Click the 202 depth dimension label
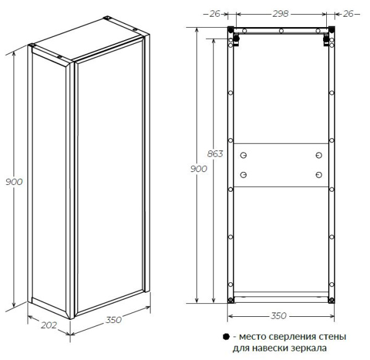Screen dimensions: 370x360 [49, 325]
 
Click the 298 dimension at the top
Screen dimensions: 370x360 [281, 14]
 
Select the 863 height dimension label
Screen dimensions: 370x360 [215, 154]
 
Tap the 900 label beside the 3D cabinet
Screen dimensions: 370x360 [14, 182]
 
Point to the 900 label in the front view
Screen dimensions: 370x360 [199, 169]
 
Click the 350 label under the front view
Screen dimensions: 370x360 [279, 316]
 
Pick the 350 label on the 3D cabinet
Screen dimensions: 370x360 [113, 320]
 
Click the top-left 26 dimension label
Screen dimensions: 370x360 [215, 14]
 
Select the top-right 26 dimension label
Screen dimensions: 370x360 [348, 14]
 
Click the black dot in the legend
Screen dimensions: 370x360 [226, 337]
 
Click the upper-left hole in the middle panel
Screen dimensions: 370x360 [244, 155]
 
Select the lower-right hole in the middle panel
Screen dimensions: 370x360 [319, 175]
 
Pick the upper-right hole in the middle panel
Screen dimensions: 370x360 [319, 155]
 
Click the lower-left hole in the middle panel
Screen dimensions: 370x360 [244, 175]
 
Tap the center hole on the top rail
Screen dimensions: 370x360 [281, 31]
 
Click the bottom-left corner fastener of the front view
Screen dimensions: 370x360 [231, 300]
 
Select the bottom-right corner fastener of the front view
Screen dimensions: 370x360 [332, 300]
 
